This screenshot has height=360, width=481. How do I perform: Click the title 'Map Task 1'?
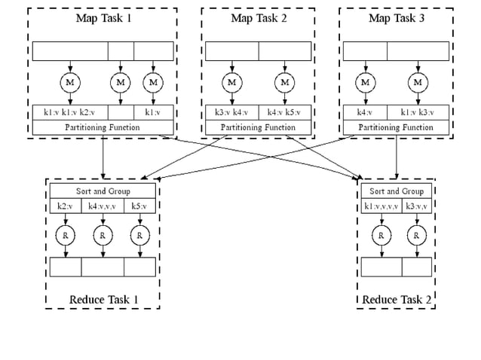[x=103, y=18]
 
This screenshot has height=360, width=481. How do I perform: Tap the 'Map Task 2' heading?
[x=259, y=18]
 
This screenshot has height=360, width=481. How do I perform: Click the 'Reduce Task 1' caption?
[x=103, y=300]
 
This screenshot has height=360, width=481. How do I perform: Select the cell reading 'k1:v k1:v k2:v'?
[x=70, y=112]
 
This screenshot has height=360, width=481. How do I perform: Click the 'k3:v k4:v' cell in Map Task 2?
[x=231, y=112]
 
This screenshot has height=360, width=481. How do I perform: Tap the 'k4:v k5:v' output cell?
[x=284, y=112]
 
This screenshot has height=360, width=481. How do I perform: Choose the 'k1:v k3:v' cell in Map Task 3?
[x=418, y=112]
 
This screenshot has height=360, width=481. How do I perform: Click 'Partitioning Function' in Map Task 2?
[x=258, y=127]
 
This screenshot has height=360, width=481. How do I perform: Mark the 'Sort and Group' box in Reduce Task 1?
[x=103, y=191]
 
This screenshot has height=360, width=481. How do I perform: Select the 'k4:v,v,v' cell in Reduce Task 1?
[x=103, y=206]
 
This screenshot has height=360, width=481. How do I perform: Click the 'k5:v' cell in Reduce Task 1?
[x=139, y=206]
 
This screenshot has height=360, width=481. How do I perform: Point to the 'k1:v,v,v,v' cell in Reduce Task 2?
[x=381, y=206]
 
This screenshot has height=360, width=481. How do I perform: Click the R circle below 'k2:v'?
[x=66, y=236]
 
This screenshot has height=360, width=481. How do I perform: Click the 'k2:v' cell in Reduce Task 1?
[x=66, y=206]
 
